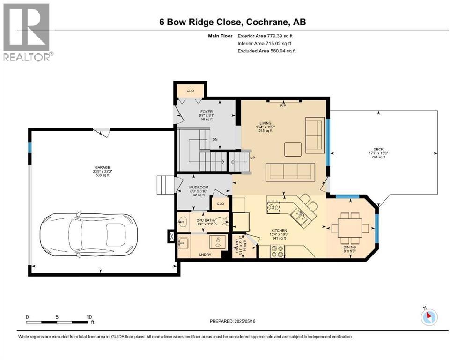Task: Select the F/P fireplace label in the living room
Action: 283,105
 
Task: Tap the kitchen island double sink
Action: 298,215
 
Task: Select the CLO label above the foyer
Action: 190,90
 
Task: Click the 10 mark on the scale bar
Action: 89,317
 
